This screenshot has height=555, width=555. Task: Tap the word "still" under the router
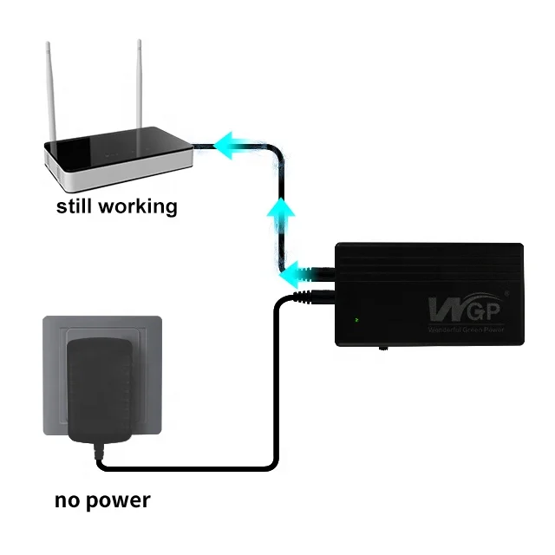[76, 206]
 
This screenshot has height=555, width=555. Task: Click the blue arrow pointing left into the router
[234, 144]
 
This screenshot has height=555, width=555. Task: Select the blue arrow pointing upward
[279, 213]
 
